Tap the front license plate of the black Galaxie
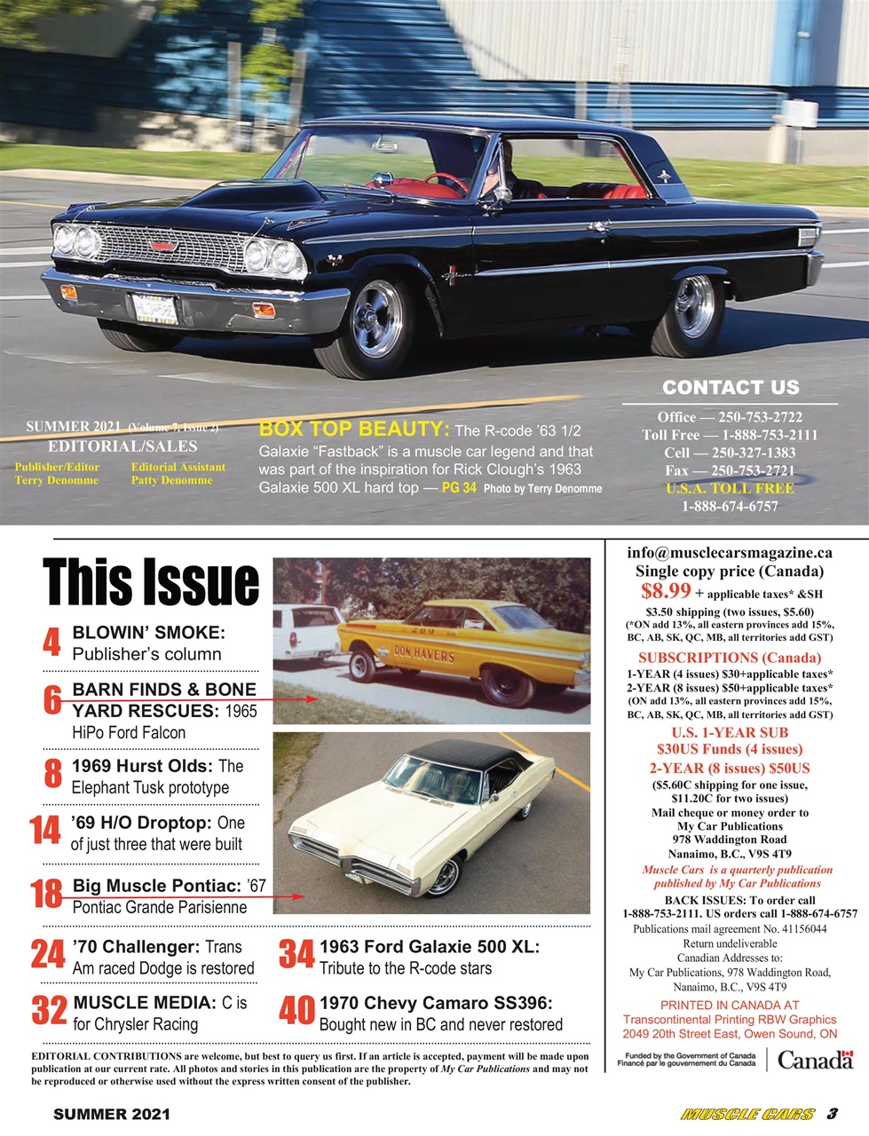coord(154,309)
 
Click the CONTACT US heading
coord(731,387)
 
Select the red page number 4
coord(51,643)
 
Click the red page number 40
coord(296,1012)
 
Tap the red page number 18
coord(46,895)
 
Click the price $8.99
coord(666,591)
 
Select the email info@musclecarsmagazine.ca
coord(730,552)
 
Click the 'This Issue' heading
coord(151,583)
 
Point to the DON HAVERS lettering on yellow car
coord(423,657)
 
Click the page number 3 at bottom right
coord(833,1114)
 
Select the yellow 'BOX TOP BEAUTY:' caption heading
coord(354,430)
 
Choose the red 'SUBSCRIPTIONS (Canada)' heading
coord(730,658)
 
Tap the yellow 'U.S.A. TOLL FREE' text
coord(730,488)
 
